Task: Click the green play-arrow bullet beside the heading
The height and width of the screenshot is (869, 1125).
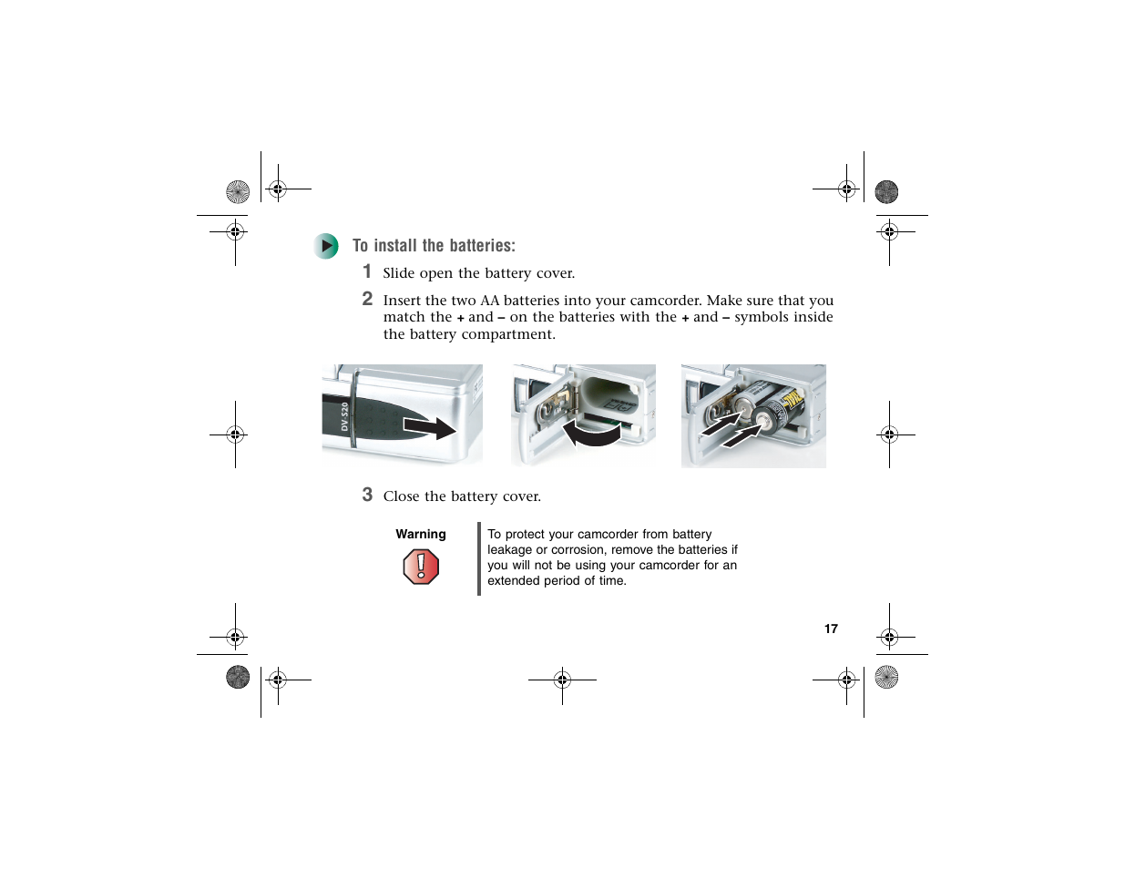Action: [x=325, y=246]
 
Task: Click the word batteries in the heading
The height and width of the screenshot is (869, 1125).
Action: [x=479, y=245]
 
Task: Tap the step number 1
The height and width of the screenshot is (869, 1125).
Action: [x=367, y=271]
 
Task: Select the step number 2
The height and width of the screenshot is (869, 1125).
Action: [x=367, y=298]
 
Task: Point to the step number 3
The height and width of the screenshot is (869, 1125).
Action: [x=367, y=495]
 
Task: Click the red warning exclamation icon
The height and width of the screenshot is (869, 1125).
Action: [x=421, y=567]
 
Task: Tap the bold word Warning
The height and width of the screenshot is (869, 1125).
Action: [x=420, y=534]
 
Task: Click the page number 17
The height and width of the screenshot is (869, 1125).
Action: [x=831, y=629]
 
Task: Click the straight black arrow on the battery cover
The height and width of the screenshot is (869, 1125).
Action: [x=429, y=428]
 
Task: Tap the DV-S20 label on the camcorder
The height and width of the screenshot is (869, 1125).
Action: [x=344, y=416]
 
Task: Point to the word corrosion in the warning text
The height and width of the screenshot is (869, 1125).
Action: [x=575, y=549]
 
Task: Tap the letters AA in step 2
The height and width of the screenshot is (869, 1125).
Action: [x=489, y=301]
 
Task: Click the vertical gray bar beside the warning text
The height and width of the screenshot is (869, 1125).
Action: [x=479, y=559]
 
